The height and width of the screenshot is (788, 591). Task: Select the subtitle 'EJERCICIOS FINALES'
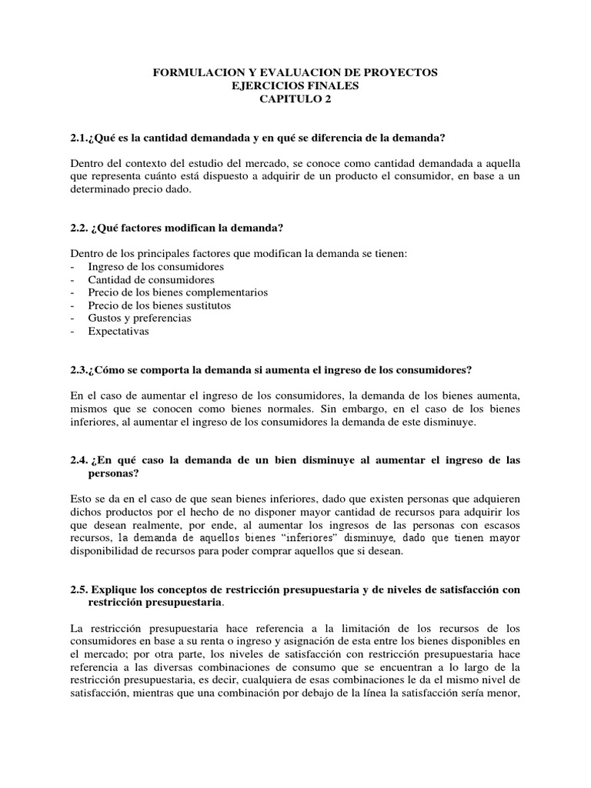(x=295, y=85)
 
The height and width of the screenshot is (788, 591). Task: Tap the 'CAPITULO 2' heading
(x=295, y=99)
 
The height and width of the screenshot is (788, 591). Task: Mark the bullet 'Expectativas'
(x=119, y=331)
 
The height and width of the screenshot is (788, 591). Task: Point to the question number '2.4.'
(x=80, y=460)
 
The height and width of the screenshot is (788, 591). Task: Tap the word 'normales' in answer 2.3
(x=267, y=409)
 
